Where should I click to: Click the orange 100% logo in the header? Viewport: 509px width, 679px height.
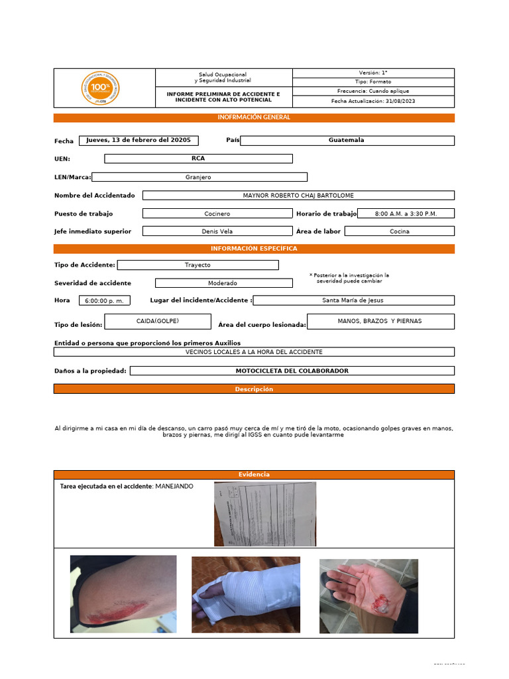(101, 88)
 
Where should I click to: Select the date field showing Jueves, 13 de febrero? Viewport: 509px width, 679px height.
(139, 140)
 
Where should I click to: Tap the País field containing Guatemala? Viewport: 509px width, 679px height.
(347, 140)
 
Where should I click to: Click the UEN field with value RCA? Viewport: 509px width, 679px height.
(198, 158)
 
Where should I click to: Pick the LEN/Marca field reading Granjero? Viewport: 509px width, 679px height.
(199, 177)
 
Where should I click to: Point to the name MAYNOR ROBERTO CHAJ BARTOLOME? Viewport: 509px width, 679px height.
(298, 196)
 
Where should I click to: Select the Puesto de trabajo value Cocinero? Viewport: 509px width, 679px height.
(217, 214)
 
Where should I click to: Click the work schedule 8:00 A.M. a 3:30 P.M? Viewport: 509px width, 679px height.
(406, 214)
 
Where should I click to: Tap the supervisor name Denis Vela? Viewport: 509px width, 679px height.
(217, 231)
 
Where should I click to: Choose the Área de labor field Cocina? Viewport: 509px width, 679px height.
(400, 231)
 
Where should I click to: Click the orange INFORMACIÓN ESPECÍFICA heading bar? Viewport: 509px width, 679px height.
(254, 249)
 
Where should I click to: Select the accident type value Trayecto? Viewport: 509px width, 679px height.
(198, 265)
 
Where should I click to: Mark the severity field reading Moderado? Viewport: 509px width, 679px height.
(223, 283)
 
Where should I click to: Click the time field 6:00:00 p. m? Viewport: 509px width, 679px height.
(105, 300)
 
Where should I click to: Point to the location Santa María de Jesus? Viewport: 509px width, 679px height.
(353, 300)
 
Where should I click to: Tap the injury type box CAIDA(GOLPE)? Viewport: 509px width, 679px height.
(158, 322)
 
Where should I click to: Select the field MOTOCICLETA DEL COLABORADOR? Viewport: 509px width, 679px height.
(292, 371)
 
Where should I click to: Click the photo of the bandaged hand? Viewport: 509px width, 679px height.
(246, 595)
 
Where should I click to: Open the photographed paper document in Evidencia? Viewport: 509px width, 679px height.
(265, 513)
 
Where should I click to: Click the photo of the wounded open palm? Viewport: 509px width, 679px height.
(368, 596)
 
